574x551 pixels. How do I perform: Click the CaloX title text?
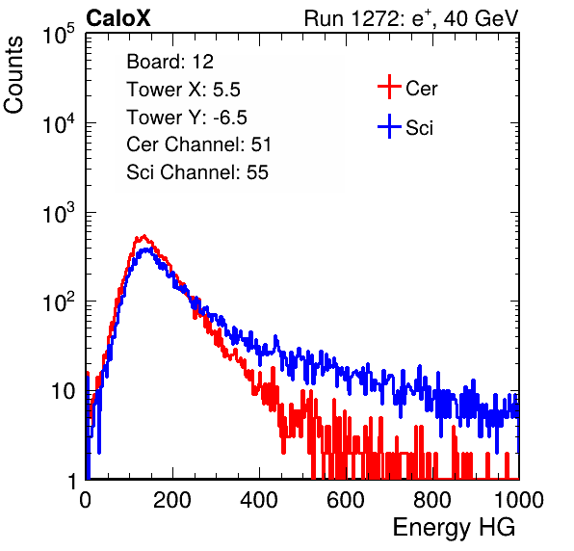118,18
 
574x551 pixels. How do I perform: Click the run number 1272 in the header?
374,18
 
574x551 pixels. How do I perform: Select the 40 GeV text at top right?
481,18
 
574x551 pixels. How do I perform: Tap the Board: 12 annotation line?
170,62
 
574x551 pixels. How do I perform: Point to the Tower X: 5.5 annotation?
183,90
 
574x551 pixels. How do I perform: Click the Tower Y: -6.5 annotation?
187,118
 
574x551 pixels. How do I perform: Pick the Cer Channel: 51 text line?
198,144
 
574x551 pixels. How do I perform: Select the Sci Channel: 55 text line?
197,172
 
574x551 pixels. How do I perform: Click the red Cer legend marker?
389,87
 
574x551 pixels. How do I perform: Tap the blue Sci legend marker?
389,127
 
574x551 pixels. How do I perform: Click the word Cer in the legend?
421,89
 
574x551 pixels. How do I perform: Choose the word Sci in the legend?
420,128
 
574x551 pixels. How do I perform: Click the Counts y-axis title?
13,75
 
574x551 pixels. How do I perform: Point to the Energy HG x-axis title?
454,527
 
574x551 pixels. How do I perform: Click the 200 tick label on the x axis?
172,500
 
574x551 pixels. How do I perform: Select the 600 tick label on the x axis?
346,500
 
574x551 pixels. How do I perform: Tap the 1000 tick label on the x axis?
519,500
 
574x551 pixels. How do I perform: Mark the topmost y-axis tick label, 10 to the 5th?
58,35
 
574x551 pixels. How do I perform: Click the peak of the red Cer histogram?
143,236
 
